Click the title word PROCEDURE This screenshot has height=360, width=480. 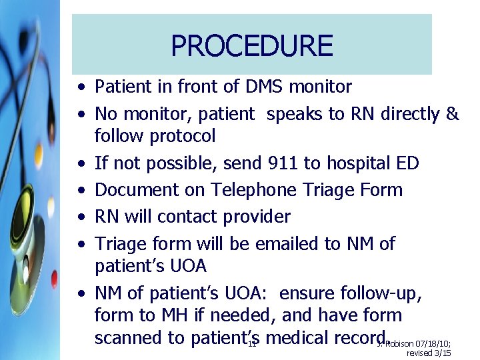(251, 45)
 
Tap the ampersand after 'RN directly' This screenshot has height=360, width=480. (452, 114)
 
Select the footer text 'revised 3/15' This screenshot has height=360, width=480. (429, 353)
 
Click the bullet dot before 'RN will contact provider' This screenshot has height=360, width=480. (80, 217)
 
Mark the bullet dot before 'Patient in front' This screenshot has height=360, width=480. (80, 87)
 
